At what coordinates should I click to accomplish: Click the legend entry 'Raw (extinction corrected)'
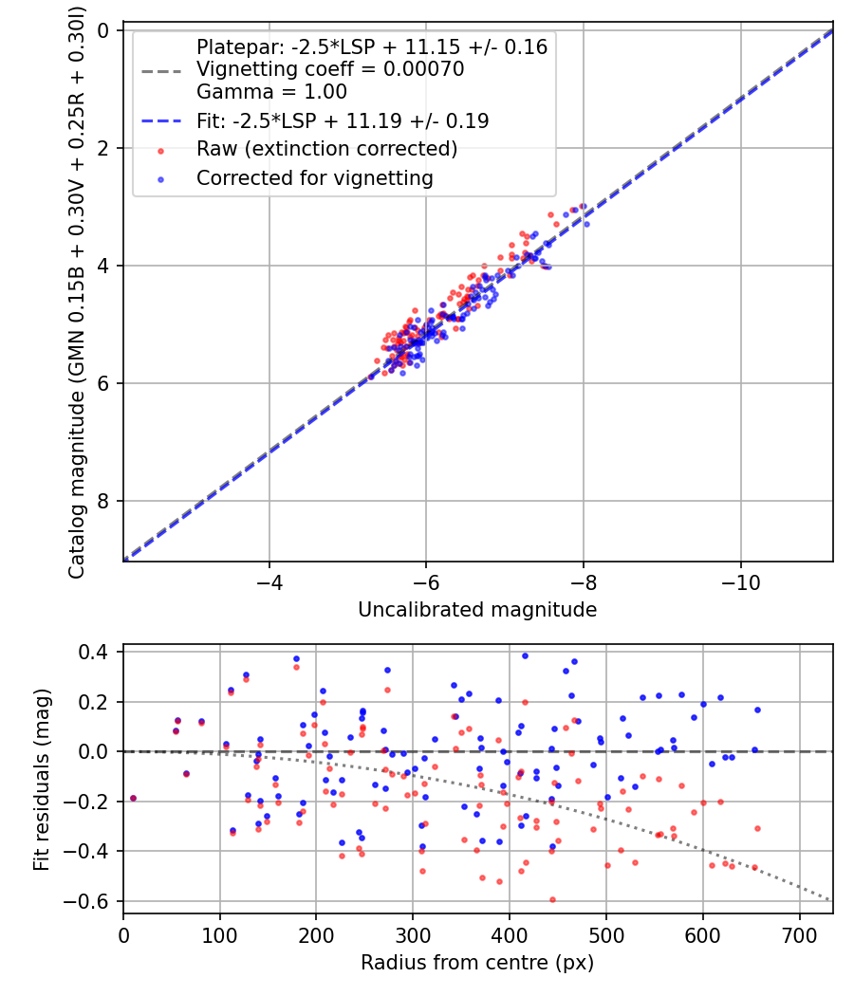pos(326,149)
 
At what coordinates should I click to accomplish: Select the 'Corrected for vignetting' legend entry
pos(314,177)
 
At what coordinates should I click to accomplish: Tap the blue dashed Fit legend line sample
pos(161,120)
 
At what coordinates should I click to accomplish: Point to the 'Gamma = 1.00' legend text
pos(271,92)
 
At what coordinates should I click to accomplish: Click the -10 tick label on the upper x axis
pos(739,579)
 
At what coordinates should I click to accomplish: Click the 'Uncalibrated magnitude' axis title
pos(477,610)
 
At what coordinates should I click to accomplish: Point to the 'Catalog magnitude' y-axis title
pos(78,294)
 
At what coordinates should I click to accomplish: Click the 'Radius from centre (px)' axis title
pos(477,962)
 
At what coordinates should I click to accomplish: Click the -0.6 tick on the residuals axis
pos(93,901)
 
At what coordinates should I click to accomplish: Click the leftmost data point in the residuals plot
pos(133,799)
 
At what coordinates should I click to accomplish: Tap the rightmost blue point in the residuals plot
pos(757,710)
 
